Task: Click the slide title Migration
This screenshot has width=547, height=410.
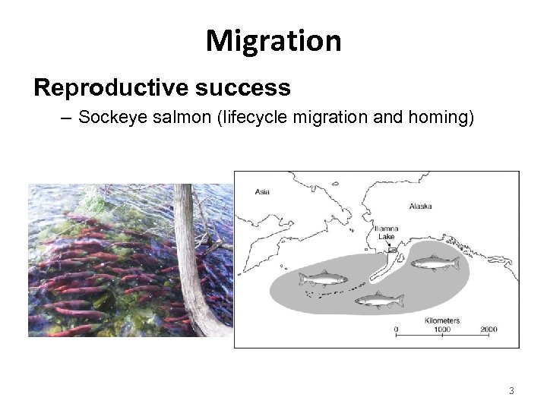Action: click(273, 39)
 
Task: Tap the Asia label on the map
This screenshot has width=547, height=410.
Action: click(264, 191)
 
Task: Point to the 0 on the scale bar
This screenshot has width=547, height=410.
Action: click(396, 329)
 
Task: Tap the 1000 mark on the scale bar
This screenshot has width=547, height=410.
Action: click(441, 329)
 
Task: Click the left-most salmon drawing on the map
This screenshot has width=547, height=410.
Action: click(321, 279)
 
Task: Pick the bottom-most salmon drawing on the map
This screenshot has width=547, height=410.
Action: click(378, 301)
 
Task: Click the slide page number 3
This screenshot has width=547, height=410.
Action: click(512, 391)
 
